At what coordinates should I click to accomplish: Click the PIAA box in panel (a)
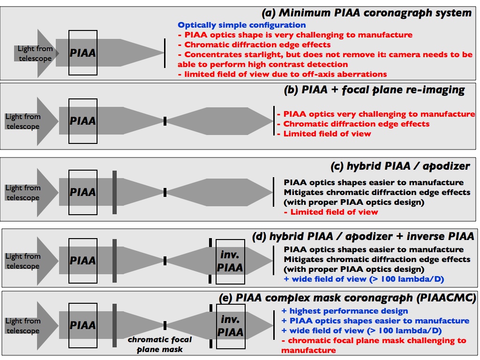(83, 52)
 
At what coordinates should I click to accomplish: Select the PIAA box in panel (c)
(83, 192)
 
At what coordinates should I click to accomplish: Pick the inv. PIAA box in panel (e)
(231, 326)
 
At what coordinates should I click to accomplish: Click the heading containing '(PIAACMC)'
(347, 298)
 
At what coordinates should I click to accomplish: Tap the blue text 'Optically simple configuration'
(242, 25)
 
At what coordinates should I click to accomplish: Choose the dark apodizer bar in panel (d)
(114, 261)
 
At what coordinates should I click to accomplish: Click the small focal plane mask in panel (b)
(165, 121)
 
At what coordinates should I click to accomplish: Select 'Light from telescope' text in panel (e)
(22, 326)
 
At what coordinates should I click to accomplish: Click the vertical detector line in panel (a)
(165, 52)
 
